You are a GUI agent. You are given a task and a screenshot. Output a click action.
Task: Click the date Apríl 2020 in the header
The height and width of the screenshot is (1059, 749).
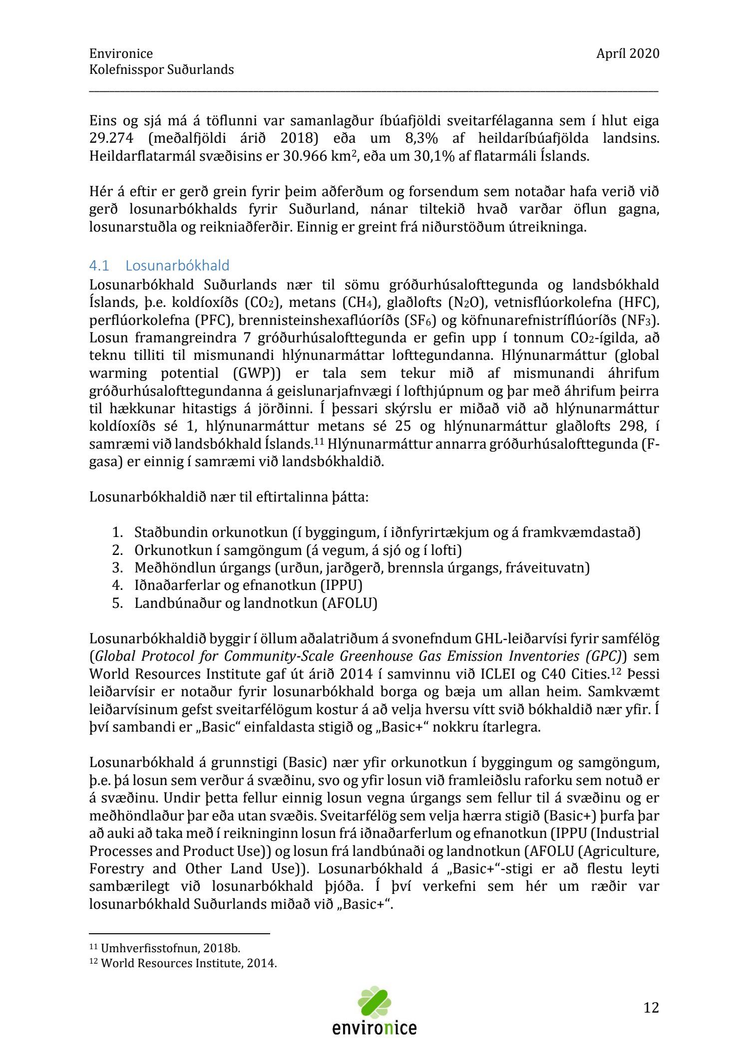point(627,53)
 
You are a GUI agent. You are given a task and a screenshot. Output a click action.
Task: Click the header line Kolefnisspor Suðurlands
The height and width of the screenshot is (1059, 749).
point(161,69)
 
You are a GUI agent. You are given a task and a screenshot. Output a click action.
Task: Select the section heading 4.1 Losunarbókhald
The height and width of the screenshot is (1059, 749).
point(159,265)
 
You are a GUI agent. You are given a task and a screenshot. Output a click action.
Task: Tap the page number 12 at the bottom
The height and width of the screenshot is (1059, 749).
point(651,1008)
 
